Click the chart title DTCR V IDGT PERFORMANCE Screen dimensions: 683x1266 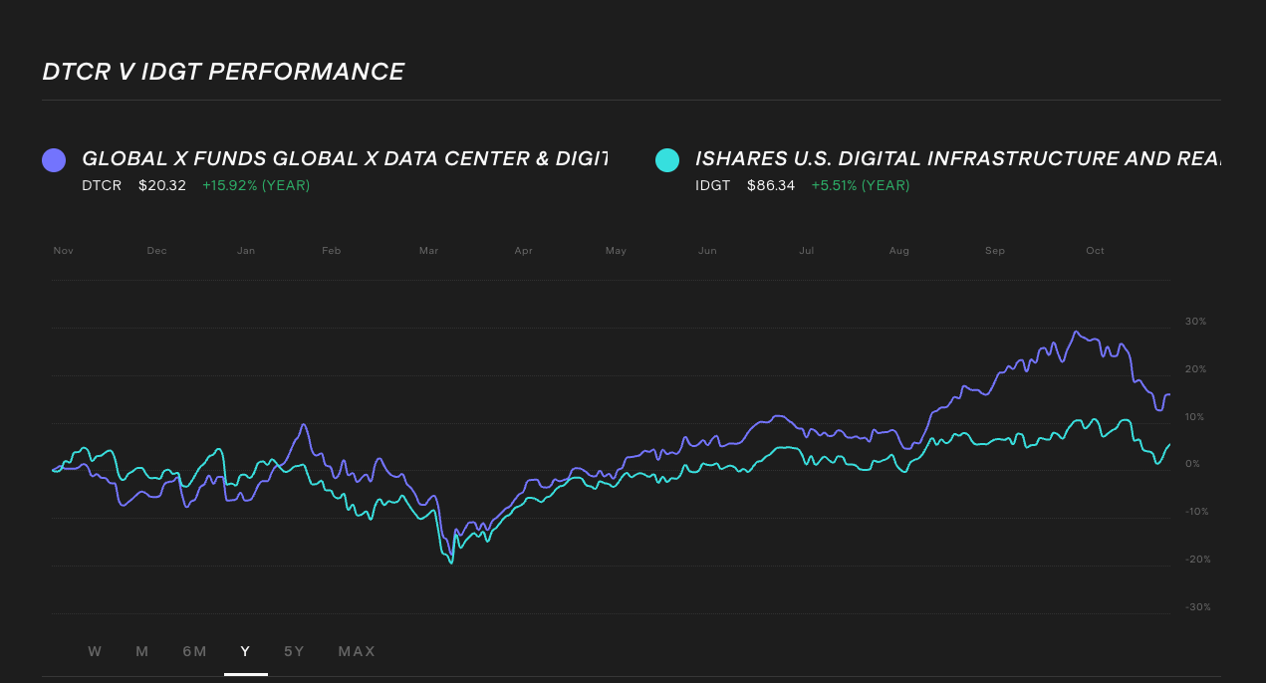[x=223, y=72]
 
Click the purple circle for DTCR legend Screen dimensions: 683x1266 [x=54, y=159]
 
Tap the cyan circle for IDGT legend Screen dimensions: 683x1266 [x=667, y=159]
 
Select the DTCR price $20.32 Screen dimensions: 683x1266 [x=162, y=185]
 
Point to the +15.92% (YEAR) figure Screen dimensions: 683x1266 [x=256, y=185]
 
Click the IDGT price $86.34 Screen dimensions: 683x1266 [x=771, y=185]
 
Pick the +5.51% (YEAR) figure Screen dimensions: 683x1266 [x=860, y=185]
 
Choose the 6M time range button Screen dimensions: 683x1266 [x=194, y=651]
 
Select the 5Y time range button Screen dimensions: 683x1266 [x=294, y=651]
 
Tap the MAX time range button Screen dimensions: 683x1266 [x=357, y=651]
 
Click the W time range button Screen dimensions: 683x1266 [x=95, y=651]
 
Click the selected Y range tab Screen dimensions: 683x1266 [x=245, y=651]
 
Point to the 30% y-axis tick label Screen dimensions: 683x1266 [x=1195, y=322]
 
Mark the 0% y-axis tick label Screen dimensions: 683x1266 [x=1192, y=464]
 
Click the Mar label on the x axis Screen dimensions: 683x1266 [x=428, y=251]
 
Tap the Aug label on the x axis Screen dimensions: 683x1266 [x=898, y=251]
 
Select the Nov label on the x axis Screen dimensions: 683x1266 [x=64, y=251]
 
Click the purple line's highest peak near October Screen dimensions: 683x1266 [x=1075, y=332]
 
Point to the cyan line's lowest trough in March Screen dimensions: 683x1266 [x=451, y=563]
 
